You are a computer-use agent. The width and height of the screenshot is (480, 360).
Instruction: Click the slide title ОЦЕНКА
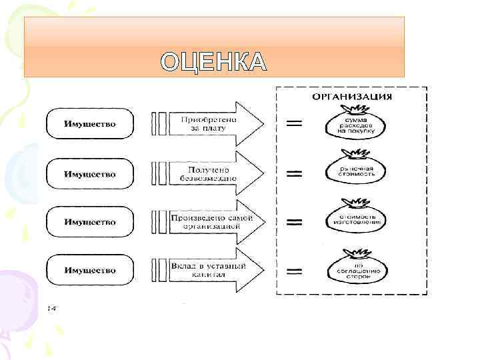[x=214, y=61]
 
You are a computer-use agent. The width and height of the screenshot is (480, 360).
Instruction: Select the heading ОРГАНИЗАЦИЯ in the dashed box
[x=352, y=97]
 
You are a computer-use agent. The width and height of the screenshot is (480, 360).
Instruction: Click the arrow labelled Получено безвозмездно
[x=213, y=174]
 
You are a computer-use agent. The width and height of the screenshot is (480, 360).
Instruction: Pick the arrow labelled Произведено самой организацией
[x=213, y=222]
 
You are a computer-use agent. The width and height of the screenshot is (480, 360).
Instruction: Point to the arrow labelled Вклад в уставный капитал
[x=213, y=270]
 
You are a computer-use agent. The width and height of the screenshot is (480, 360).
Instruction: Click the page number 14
[x=51, y=308]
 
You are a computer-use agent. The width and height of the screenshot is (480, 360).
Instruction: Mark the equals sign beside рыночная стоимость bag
[x=293, y=174]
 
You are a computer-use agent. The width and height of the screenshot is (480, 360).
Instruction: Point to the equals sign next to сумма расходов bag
[x=293, y=123]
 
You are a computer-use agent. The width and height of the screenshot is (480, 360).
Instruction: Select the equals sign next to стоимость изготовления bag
[x=293, y=222]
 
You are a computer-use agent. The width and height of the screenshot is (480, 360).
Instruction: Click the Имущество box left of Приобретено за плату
[x=89, y=124]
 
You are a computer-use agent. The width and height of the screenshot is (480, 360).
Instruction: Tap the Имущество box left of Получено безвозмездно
[x=89, y=174]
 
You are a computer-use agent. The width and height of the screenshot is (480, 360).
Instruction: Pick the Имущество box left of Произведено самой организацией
[x=89, y=222]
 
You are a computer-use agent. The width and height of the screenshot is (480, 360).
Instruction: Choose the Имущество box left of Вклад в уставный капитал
[x=89, y=270]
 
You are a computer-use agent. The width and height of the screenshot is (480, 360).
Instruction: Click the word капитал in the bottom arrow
[x=208, y=275]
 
